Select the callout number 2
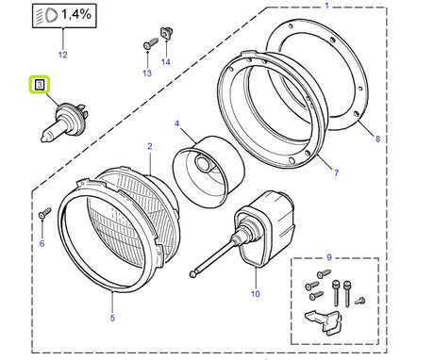pyautogui.click(x=149, y=146)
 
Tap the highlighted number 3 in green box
pyautogui.click(x=39, y=85)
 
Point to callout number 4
pyautogui.click(x=176, y=123)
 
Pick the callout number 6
pyautogui.click(x=42, y=243)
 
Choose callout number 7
pyautogui.click(x=336, y=173)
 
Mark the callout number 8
pyautogui.click(x=377, y=139)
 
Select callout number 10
pyautogui.click(x=255, y=294)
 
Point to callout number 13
pyautogui.click(x=146, y=73)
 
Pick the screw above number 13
pyautogui.click(x=149, y=43)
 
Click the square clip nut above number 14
pyautogui.click(x=168, y=33)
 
